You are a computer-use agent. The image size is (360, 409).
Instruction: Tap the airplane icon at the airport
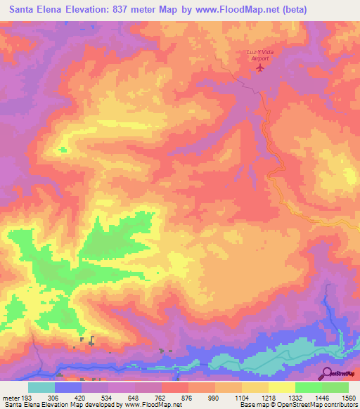262,68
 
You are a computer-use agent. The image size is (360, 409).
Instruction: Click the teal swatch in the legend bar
41,387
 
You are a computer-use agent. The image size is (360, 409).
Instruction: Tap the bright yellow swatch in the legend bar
281,387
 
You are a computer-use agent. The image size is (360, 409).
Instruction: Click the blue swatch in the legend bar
68,387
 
